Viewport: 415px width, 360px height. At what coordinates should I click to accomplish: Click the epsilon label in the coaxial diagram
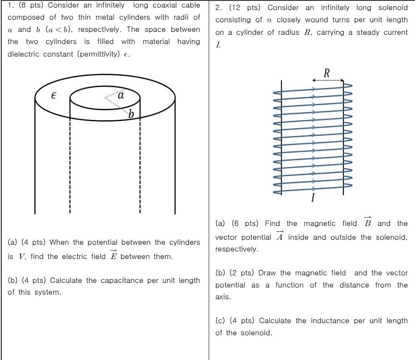[x=53, y=96]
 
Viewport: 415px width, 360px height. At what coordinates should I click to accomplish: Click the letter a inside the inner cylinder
[x=121, y=95]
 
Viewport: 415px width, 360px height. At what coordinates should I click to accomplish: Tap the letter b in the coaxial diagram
[x=131, y=114]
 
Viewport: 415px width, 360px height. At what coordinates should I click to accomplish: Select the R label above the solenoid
[x=327, y=73]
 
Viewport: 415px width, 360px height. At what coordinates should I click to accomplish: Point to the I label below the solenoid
[x=313, y=197]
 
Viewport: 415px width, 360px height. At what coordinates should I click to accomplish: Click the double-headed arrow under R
[x=328, y=80]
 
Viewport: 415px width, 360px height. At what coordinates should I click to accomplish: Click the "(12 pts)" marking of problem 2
[x=246, y=8]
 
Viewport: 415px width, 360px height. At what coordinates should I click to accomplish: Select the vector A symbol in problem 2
[x=280, y=236]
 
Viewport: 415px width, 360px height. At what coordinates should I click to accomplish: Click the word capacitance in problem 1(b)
[x=116, y=280]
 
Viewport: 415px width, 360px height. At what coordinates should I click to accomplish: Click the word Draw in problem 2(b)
[x=267, y=273]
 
